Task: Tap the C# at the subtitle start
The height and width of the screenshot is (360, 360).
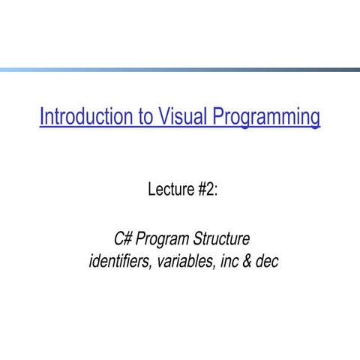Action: coord(122,240)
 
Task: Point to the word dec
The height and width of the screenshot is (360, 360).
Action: coord(266,262)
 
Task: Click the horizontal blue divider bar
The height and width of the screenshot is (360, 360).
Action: coord(180,70)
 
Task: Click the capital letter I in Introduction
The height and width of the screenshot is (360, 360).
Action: coord(42,118)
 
